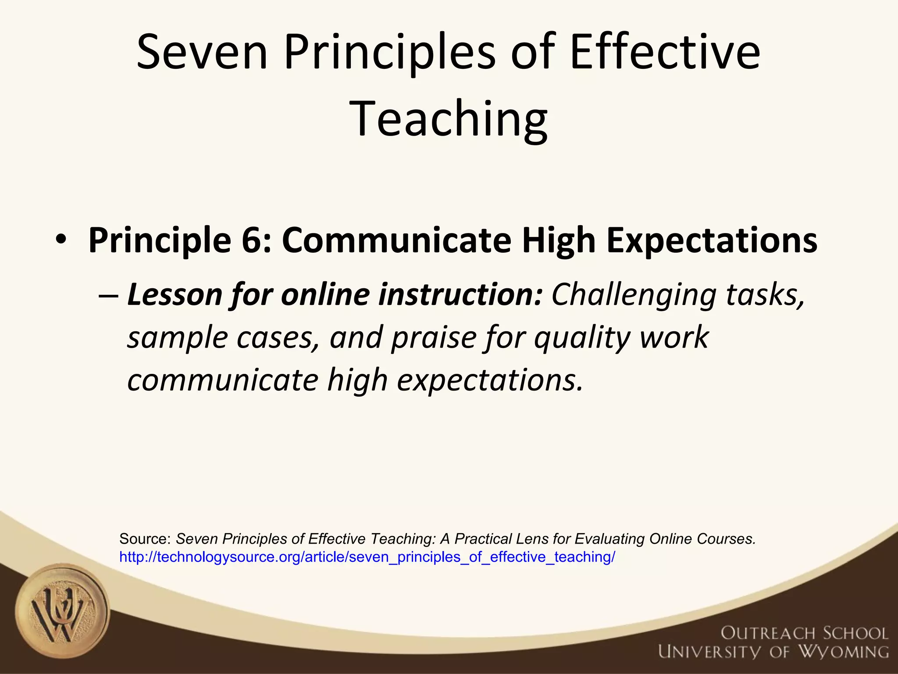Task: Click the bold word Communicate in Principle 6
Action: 396,240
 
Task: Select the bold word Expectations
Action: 712,240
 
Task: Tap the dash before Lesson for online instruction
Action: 108,295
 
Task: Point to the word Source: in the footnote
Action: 145,539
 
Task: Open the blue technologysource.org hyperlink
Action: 367,557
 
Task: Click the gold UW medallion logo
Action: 62,611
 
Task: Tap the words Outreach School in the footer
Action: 804,633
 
